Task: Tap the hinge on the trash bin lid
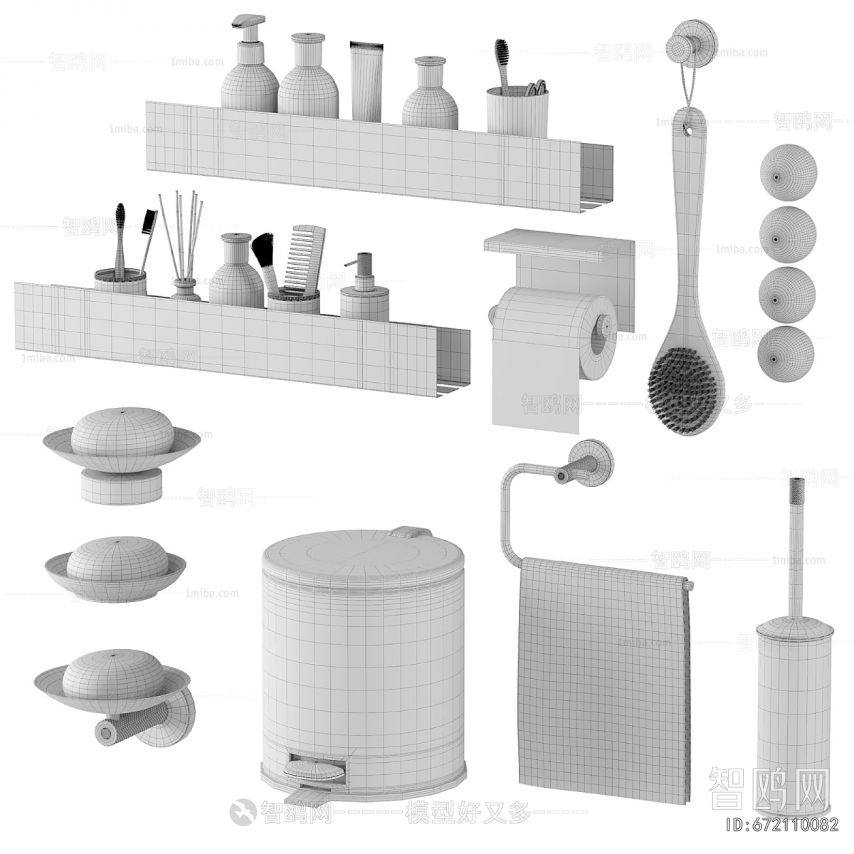(411, 532)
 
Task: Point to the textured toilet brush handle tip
(794, 498)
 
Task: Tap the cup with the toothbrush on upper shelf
(517, 110)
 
